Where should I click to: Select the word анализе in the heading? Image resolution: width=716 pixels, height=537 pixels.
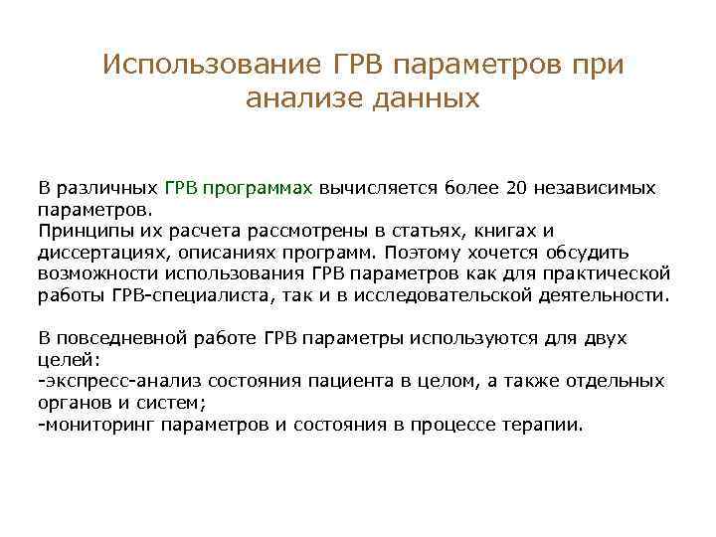coord(301,98)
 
